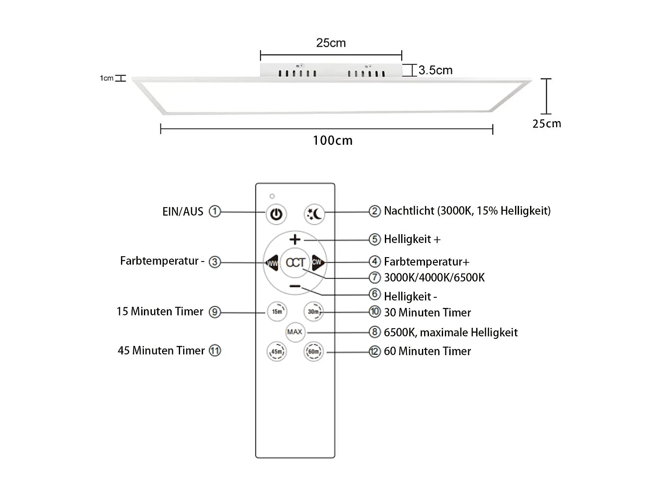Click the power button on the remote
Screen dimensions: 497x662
[276, 214]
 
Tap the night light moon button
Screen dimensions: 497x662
[314, 214]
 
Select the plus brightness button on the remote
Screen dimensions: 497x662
[295, 239]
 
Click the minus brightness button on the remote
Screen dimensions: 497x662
[295, 287]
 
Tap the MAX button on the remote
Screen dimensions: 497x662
[295, 332]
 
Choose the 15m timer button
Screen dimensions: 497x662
[277, 311]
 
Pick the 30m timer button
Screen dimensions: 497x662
[313, 311]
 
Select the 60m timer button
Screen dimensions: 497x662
[313, 352]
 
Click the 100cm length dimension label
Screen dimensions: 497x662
[333, 140]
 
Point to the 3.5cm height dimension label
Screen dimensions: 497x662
[435, 70]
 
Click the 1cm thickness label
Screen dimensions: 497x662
[106, 78]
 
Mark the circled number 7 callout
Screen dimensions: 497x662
[375, 277]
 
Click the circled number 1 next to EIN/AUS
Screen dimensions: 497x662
[214, 212]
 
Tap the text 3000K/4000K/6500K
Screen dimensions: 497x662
[434, 277]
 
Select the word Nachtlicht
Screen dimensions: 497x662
[409, 211]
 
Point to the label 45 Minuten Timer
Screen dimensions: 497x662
[161, 351]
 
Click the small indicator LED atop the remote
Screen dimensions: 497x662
[272, 196]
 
